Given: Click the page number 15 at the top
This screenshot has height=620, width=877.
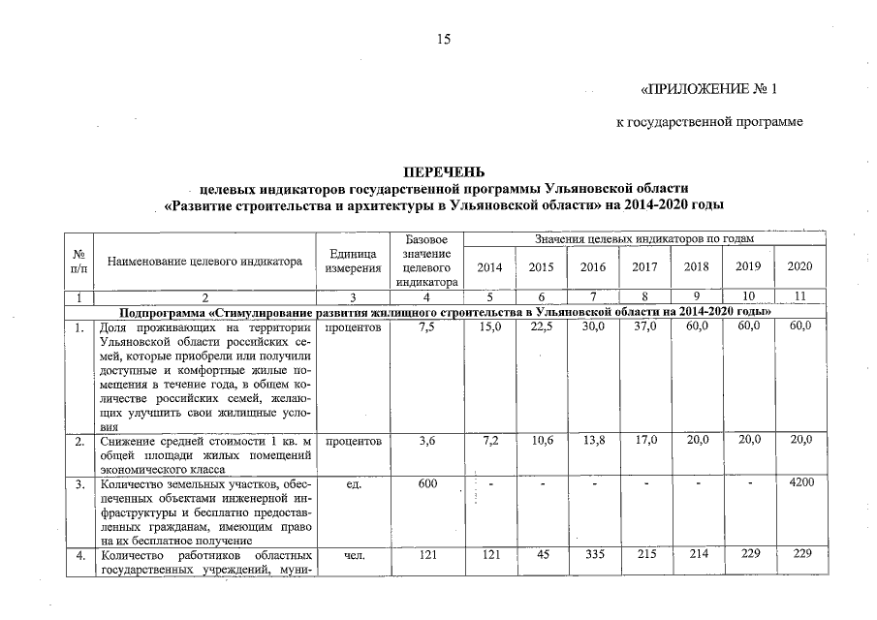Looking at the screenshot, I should coord(444,40).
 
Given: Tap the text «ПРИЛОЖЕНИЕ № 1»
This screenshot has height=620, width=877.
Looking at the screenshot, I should coord(710,90).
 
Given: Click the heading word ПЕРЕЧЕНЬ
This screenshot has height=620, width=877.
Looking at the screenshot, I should coord(443,172).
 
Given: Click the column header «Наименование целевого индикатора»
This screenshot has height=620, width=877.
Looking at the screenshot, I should coord(204,261).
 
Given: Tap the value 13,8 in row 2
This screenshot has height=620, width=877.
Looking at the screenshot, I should coord(593,441).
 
